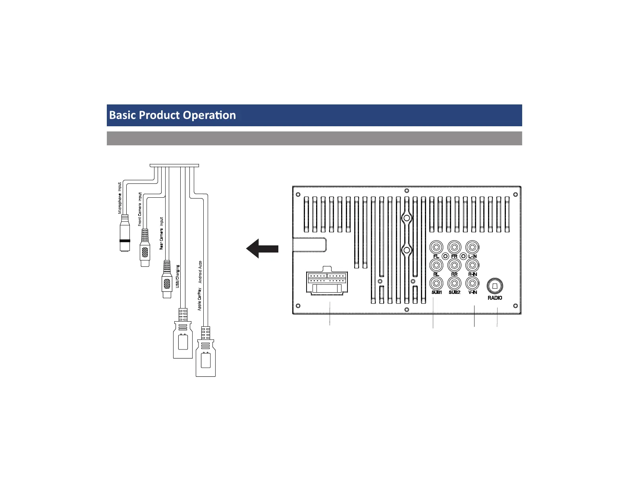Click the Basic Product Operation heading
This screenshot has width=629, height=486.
click(172, 115)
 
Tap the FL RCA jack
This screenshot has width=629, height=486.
click(436, 247)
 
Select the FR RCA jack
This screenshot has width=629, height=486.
click(454, 247)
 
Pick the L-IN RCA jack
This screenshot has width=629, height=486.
click(472, 247)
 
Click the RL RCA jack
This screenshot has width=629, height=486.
click(436, 265)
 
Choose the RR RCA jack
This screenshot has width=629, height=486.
click(454, 265)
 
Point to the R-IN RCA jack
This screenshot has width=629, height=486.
click(472, 265)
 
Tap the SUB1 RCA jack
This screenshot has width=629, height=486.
click(436, 283)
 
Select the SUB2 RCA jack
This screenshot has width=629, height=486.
click(454, 283)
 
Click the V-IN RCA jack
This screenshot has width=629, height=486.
click(472, 283)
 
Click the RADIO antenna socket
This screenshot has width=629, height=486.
click(495, 285)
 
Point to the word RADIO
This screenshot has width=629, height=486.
click(495, 298)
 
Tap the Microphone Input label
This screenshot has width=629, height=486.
click(120, 198)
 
